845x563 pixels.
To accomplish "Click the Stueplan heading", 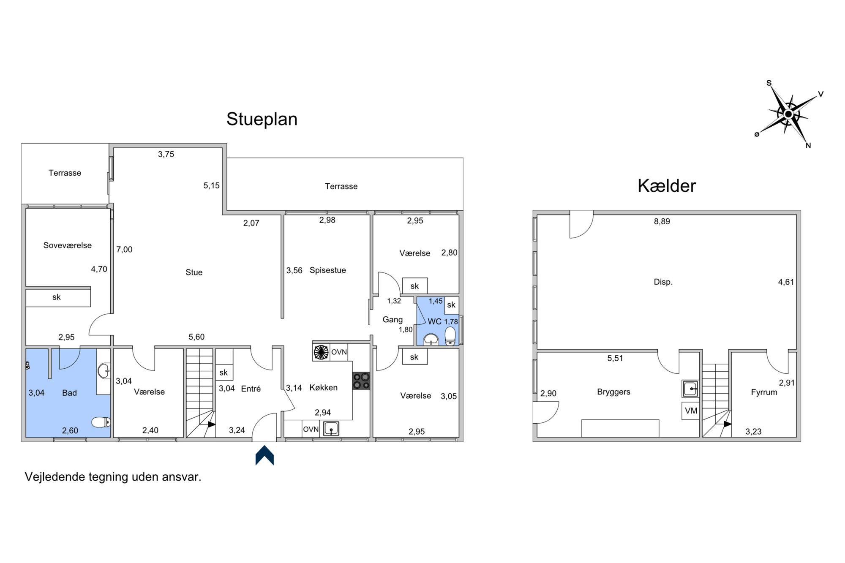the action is coord(262,119).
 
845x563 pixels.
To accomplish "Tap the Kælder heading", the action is coord(667,186).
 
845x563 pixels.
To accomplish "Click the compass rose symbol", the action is coord(788,114).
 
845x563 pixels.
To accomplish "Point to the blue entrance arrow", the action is coord(265,455).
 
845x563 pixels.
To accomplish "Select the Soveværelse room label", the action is coord(68,245).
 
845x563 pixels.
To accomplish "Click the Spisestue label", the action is coord(328,270).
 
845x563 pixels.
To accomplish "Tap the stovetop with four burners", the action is coord(361,381).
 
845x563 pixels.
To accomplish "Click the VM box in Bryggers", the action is coord(691,411).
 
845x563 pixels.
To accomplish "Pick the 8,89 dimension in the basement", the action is coord(662,221).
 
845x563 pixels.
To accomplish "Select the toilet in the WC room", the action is coord(451,336).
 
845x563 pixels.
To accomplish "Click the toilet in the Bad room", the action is coord(101,422).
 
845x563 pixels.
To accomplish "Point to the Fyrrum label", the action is coord(764,392).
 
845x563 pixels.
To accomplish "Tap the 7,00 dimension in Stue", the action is coord(124,250).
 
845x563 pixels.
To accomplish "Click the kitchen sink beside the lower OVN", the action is coord(331,429).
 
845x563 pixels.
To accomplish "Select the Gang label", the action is coord(393,320).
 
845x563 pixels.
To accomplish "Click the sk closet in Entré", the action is coord(224,372).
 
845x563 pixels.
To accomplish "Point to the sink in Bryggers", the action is coord(690,389).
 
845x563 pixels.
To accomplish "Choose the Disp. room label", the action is coord(663,282).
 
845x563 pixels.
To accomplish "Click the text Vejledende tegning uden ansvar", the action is coord(113,477).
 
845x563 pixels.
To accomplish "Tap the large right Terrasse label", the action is coord(341,186).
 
